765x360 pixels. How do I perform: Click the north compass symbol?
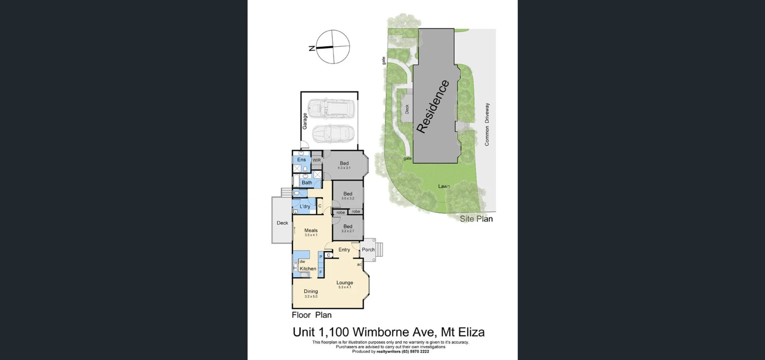[x=333, y=47]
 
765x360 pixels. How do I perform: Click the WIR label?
[x=317, y=160]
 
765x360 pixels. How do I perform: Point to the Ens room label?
[x=302, y=160]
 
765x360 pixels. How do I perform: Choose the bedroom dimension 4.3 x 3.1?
[x=344, y=168]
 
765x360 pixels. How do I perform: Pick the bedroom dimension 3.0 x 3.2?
[x=348, y=198]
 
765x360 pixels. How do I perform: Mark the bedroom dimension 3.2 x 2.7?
[x=348, y=231]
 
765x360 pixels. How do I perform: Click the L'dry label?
[x=305, y=206]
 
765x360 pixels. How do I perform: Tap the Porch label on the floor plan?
[x=368, y=250]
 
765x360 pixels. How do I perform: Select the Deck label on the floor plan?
[x=282, y=223]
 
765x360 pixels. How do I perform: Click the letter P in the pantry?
[x=321, y=257]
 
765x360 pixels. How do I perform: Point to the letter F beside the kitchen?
[x=321, y=272]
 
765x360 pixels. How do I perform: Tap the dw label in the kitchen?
[x=302, y=262]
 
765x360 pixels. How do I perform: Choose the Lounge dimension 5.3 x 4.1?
[x=345, y=287]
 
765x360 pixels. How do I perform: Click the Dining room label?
[x=311, y=292]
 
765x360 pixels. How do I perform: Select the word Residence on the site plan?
[x=433, y=106]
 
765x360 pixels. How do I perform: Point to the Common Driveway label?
[x=487, y=124]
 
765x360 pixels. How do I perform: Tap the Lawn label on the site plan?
[x=444, y=186]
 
